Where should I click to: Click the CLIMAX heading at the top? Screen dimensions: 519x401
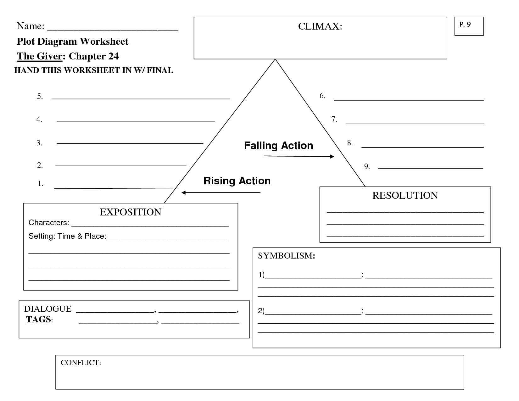320,26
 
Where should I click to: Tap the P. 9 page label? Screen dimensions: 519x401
465,25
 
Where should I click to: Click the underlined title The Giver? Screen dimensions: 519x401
40,56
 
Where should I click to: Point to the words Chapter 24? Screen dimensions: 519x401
94,56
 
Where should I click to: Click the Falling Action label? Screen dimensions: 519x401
278,146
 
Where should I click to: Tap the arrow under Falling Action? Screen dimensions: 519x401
299,156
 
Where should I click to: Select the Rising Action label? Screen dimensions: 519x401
237,181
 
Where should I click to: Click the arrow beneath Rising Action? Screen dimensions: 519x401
221,192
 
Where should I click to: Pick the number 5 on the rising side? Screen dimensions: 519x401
40,96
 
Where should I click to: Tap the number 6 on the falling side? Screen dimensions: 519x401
322,96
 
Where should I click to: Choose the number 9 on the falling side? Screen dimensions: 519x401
367,166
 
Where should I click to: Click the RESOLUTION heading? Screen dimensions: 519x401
405,195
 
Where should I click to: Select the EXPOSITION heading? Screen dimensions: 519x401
131,212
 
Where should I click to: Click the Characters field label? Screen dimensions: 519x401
49,223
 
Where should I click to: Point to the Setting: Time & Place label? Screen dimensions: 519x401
68,236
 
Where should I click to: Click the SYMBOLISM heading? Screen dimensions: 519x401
286,256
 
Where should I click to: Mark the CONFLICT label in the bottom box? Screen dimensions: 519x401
81,363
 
